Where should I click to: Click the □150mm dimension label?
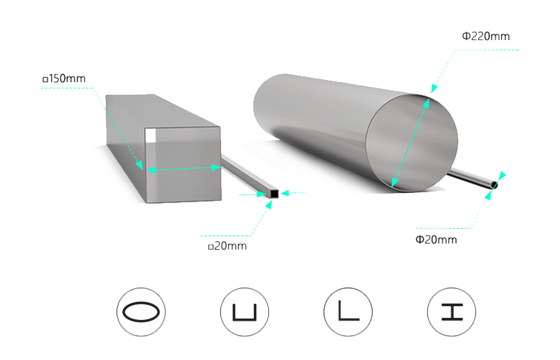point(64,78)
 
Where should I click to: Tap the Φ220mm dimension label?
point(485,35)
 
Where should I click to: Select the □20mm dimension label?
point(227,246)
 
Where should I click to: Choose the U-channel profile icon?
point(244,311)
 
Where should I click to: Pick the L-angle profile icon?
point(347,311)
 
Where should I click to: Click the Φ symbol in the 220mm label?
point(465,36)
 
